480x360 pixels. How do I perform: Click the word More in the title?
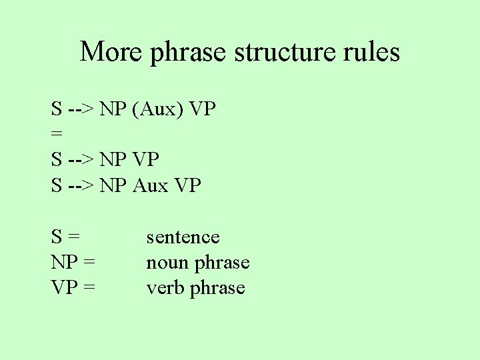(x=111, y=51)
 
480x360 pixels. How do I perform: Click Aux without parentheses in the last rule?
(x=150, y=185)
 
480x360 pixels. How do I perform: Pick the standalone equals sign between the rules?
(x=57, y=134)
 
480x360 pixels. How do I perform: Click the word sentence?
(x=183, y=237)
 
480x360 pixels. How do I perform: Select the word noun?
(x=167, y=263)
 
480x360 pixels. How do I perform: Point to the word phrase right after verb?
(x=217, y=288)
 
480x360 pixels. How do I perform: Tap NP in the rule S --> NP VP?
(x=114, y=159)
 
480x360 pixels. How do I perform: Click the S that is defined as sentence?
(x=57, y=237)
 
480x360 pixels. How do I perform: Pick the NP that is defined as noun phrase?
(x=65, y=263)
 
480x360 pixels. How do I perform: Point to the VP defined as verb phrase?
(x=65, y=288)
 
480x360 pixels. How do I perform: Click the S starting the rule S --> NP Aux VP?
(x=57, y=185)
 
